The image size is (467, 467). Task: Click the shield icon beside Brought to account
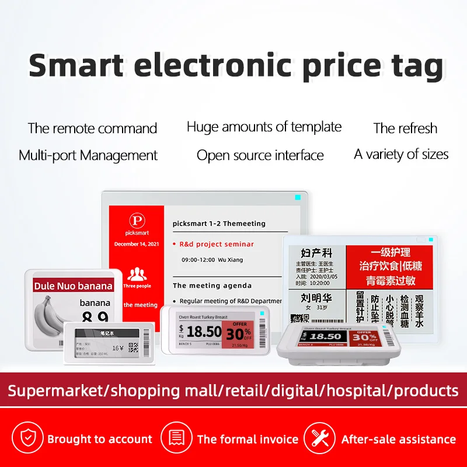[x=28, y=438]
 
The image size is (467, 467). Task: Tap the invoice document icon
[x=177, y=438]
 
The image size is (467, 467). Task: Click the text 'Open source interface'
[x=260, y=155]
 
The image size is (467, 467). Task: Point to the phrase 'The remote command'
[x=92, y=128]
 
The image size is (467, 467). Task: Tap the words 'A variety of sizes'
[x=401, y=155]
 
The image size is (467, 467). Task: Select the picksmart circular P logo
[x=135, y=220]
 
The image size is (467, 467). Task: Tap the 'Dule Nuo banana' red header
[x=73, y=286]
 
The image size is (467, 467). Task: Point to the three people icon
[x=137, y=273]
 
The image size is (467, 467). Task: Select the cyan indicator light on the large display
[x=298, y=198]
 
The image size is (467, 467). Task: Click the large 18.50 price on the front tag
[x=204, y=332]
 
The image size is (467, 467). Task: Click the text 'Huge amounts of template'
[x=264, y=127]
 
